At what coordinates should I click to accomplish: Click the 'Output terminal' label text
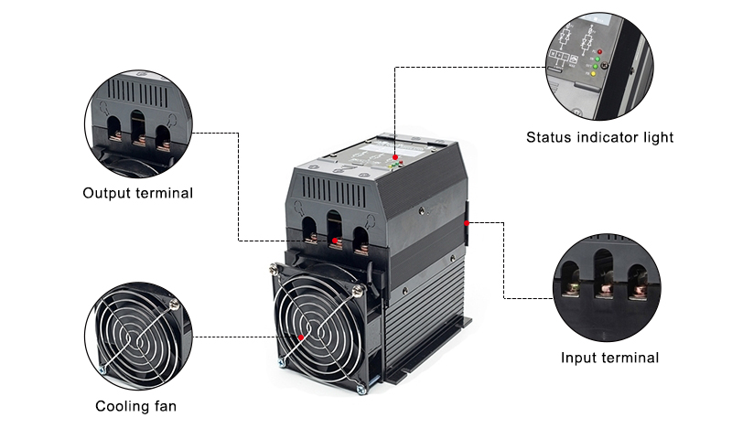tap(138, 193)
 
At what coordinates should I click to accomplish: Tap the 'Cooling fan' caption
tap(135, 406)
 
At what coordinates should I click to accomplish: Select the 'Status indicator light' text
tap(599, 137)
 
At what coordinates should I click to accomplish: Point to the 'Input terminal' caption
tap(609, 358)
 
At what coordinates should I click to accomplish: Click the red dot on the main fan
tap(301, 337)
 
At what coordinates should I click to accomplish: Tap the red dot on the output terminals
tap(335, 241)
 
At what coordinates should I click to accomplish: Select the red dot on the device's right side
tap(467, 223)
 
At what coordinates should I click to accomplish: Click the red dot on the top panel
tap(395, 157)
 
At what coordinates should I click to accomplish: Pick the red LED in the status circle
tap(599, 52)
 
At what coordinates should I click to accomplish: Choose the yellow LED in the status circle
tap(593, 74)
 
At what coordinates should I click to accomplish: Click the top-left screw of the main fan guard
tap(274, 268)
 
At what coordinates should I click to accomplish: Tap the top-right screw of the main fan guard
tap(358, 291)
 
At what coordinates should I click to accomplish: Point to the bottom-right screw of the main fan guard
tap(361, 388)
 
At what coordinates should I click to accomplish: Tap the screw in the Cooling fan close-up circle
tap(174, 305)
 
